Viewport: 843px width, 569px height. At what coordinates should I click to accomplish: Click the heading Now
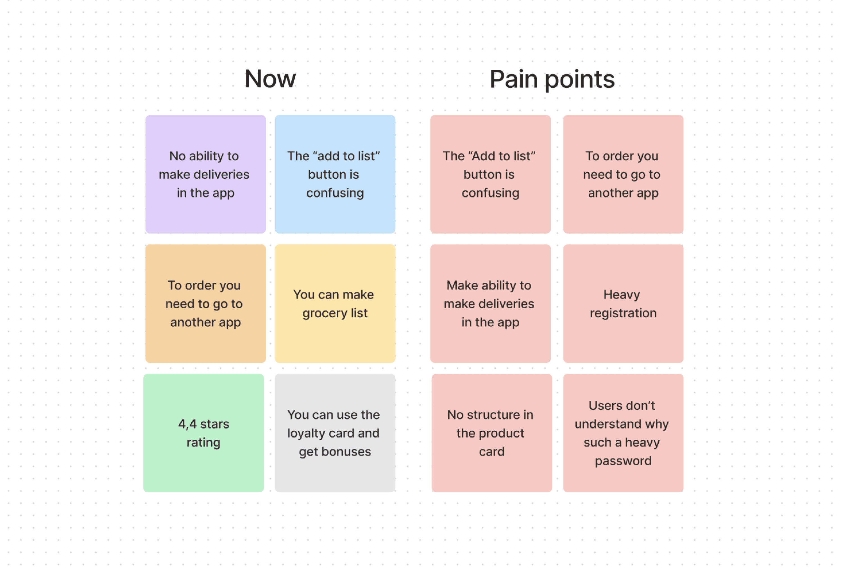pyautogui.click(x=270, y=79)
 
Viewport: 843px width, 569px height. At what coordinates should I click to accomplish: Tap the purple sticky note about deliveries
pyautogui.click(x=205, y=174)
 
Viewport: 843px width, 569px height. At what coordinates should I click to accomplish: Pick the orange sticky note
pyautogui.click(x=205, y=303)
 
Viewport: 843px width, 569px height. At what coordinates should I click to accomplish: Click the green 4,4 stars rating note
pyautogui.click(x=203, y=433)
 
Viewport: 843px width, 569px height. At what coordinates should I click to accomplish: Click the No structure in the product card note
pyautogui.click(x=491, y=433)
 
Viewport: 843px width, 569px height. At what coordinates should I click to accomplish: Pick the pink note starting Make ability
pyautogui.click(x=490, y=303)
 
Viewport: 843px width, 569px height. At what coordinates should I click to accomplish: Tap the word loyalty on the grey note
pyautogui.click(x=306, y=433)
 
